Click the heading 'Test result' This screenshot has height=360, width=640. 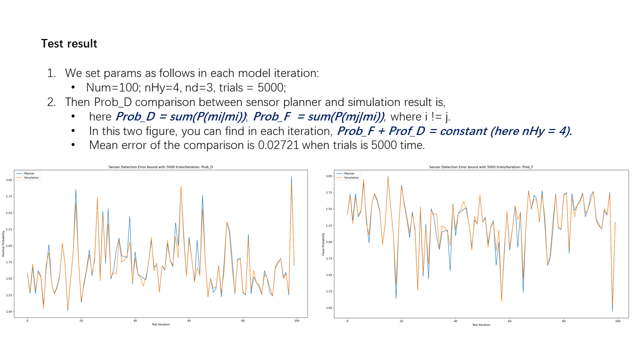69,43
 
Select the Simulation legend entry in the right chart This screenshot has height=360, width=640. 351,177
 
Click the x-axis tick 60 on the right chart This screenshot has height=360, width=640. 509,320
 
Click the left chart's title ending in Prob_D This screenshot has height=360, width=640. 164,166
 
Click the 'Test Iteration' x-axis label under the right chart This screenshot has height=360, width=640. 481,325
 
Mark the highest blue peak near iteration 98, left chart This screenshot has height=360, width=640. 291,176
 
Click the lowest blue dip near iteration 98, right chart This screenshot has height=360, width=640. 612,311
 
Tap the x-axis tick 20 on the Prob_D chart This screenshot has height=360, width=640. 81,320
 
